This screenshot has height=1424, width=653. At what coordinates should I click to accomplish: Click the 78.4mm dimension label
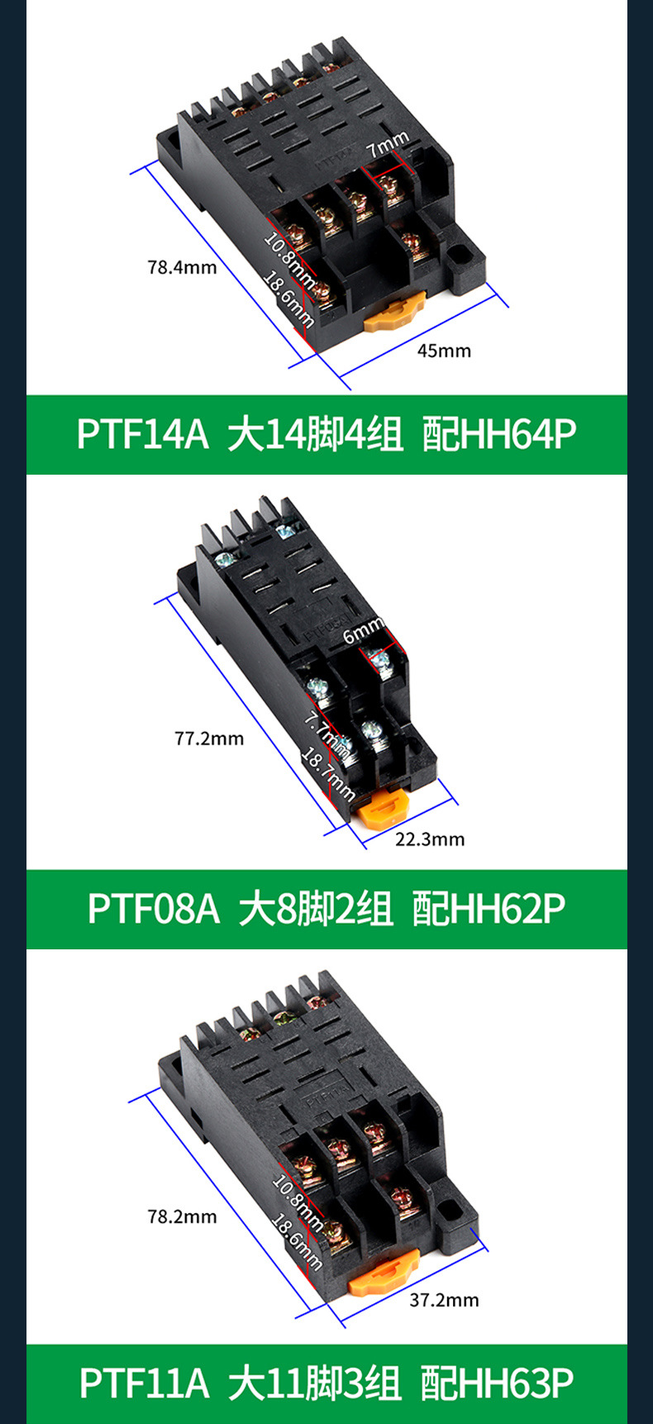182,267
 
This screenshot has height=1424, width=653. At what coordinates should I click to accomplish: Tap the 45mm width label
444,351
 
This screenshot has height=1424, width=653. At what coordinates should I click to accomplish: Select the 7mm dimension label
388,145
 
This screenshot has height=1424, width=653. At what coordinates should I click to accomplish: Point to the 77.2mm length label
209,738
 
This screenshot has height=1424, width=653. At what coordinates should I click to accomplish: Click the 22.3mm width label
430,839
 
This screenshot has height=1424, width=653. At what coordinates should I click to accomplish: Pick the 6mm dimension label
364,632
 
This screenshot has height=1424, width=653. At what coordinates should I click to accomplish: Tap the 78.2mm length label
182,1216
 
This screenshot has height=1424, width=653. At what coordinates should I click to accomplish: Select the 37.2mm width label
444,1300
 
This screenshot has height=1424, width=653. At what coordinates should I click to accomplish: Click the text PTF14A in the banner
143,434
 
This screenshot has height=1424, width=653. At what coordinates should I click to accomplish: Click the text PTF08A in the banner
154,909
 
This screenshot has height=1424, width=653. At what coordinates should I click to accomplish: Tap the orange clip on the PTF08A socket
384,806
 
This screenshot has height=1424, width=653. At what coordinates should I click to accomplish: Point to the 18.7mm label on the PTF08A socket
327,774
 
